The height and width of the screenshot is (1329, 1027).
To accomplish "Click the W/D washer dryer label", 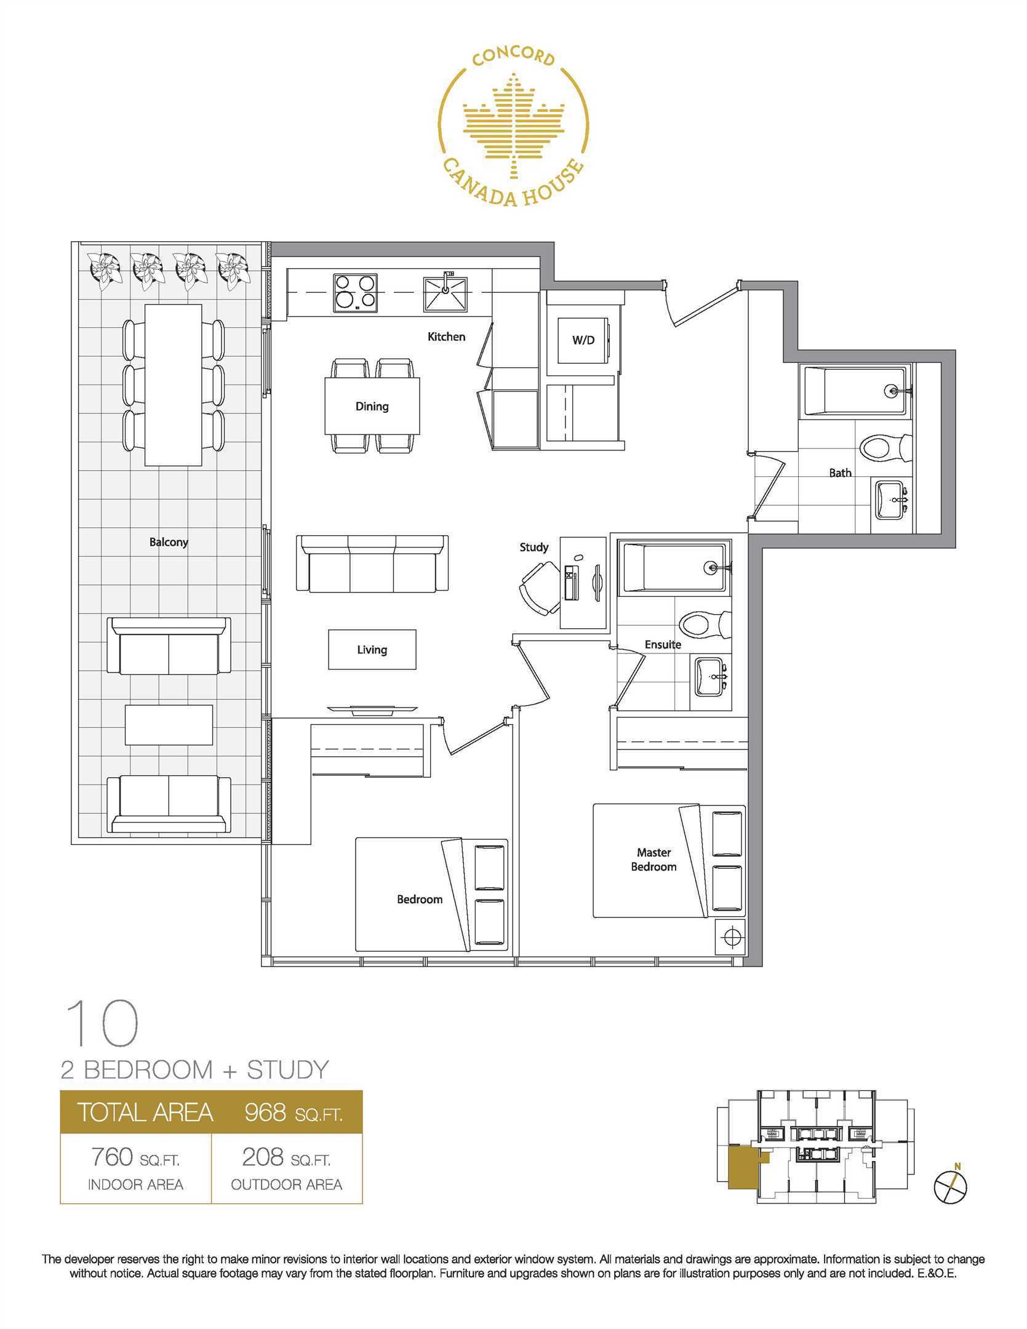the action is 583,340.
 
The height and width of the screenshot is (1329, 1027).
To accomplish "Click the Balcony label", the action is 169,542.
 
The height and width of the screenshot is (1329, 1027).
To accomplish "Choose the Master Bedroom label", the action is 653,859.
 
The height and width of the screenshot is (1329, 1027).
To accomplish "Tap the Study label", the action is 533,547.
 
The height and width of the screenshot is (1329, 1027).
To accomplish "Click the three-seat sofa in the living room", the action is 372,563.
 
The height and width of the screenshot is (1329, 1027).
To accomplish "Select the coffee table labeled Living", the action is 372,649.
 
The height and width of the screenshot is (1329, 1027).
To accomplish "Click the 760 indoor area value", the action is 111,1157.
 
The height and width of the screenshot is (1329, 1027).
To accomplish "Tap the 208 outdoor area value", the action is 263,1157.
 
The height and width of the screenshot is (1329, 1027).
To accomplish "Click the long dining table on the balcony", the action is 173,385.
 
